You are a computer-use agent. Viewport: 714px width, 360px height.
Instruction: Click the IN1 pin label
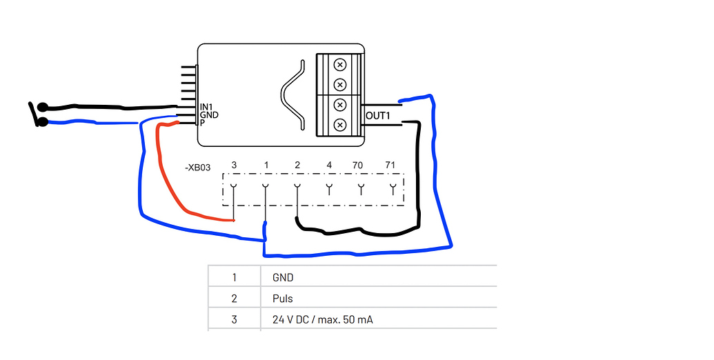[x=206, y=107]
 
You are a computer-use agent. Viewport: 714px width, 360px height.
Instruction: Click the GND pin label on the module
[x=208, y=115]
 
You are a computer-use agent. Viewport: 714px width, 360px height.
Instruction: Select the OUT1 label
[x=378, y=117]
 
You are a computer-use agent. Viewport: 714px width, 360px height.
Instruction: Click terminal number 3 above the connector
[x=234, y=166]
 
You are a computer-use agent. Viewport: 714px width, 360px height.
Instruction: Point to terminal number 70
[x=357, y=166]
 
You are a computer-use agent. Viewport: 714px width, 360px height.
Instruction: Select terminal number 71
[x=390, y=166]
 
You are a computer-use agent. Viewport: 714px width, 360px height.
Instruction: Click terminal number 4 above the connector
[x=329, y=166]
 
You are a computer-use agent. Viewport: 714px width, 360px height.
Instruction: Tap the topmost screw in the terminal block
[x=339, y=65]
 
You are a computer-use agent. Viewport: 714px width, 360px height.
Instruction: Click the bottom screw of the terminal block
[x=339, y=125]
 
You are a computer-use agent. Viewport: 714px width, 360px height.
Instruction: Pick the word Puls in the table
[x=283, y=299]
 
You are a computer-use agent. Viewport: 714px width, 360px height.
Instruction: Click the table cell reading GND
[x=283, y=278]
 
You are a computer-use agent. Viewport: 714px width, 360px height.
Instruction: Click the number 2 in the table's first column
[x=234, y=299]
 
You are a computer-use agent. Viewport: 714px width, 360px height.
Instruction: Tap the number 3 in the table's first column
[x=234, y=320]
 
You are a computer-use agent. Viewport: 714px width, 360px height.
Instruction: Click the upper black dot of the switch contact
[x=43, y=108]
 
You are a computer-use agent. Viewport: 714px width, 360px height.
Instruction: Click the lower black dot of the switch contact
[x=43, y=123]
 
